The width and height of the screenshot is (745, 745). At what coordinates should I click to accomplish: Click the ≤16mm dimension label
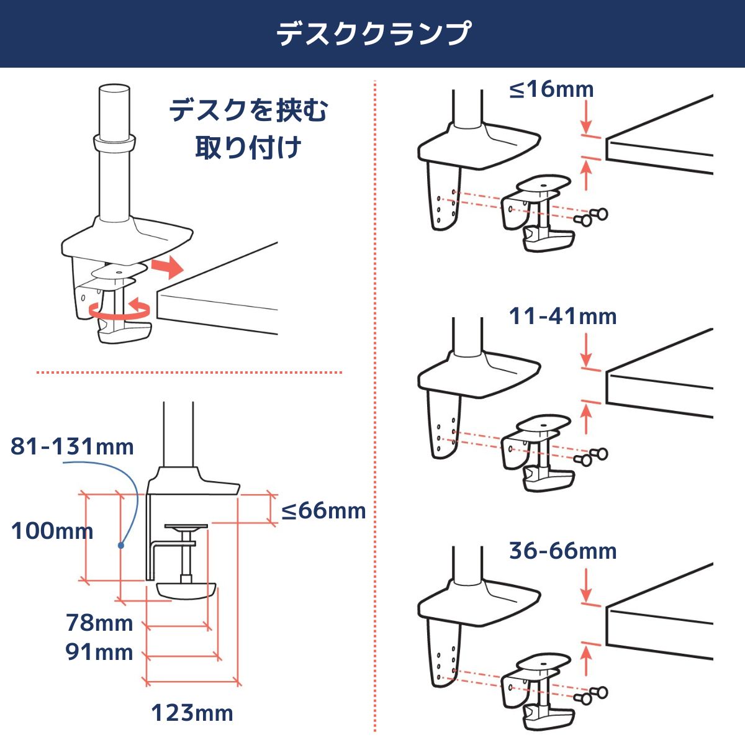(551, 89)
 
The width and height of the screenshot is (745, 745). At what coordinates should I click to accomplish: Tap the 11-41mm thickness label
(562, 316)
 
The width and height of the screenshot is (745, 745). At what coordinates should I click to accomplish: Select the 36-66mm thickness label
(562, 551)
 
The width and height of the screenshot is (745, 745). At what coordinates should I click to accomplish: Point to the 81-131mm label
(72, 446)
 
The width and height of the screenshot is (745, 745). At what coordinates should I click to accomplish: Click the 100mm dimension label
(52, 530)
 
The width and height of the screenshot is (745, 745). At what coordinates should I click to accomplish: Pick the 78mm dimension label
(99, 623)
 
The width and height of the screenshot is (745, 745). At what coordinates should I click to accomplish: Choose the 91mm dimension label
(99, 652)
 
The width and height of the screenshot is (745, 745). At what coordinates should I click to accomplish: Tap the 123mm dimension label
(192, 713)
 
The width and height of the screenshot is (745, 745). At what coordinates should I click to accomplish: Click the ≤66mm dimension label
(323, 511)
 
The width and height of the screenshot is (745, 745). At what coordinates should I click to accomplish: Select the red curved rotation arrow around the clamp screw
(119, 311)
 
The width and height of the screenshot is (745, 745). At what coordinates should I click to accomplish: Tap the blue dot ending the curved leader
(121, 546)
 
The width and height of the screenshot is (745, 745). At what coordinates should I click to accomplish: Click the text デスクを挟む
(248, 110)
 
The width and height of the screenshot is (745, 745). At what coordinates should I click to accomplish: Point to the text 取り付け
(248, 147)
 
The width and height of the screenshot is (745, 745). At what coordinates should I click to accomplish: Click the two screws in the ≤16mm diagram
(591, 217)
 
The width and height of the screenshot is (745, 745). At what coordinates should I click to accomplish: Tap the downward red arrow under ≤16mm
(587, 117)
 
